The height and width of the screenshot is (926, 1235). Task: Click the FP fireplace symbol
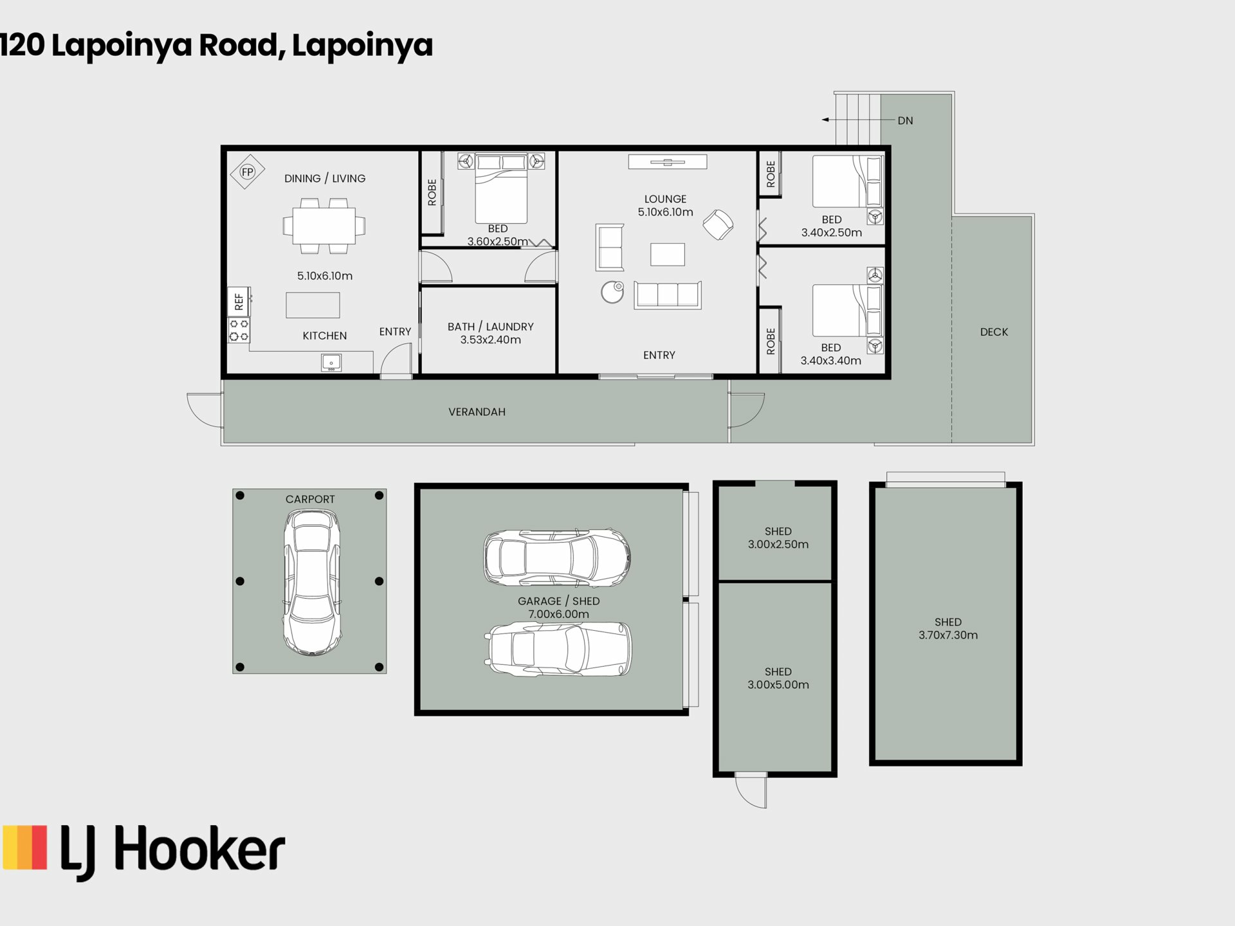pyautogui.click(x=248, y=172)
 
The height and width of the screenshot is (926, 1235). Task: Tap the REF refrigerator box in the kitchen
pyautogui.click(x=239, y=301)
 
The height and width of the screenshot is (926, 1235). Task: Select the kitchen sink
pyautogui.click(x=331, y=363)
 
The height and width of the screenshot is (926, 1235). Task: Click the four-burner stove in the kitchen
pyautogui.click(x=239, y=330)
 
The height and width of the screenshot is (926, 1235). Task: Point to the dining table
pyautogui.click(x=324, y=226)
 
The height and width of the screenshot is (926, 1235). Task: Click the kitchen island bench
pyautogui.click(x=313, y=305)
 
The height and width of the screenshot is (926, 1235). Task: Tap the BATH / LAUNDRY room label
pyautogui.click(x=491, y=327)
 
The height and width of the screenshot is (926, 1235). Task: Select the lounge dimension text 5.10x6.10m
pyautogui.click(x=666, y=212)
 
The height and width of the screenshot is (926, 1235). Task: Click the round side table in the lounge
pyautogui.click(x=612, y=292)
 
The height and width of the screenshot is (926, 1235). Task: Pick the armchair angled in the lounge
pyautogui.click(x=718, y=224)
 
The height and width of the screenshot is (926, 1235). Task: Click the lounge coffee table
pyautogui.click(x=668, y=255)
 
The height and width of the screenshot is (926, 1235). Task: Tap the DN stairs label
pyautogui.click(x=905, y=120)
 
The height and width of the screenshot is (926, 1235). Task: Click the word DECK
pyautogui.click(x=994, y=332)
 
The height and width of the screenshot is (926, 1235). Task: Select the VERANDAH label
pyautogui.click(x=477, y=412)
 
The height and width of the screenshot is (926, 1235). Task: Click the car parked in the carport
pyautogui.click(x=312, y=583)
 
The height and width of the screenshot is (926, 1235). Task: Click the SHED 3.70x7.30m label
pyautogui.click(x=948, y=628)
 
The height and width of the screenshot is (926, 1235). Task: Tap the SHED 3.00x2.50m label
pyautogui.click(x=778, y=538)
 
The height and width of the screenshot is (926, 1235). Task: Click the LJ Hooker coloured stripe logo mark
pyautogui.click(x=25, y=848)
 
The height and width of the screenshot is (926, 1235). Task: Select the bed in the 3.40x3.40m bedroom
pyautogui.click(x=847, y=311)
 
